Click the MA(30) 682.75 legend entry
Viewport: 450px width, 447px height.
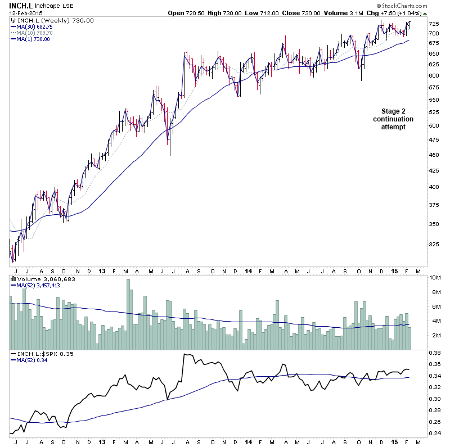pyautogui.click(x=34, y=26)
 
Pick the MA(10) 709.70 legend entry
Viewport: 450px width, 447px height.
pyautogui.click(x=34, y=33)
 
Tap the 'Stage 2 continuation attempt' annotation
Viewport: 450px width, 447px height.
pyautogui.click(x=393, y=119)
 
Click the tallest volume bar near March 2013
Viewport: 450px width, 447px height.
pyautogui.click(x=128, y=314)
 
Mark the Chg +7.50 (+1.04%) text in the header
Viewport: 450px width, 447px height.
pyautogui.click(x=397, y=13)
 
